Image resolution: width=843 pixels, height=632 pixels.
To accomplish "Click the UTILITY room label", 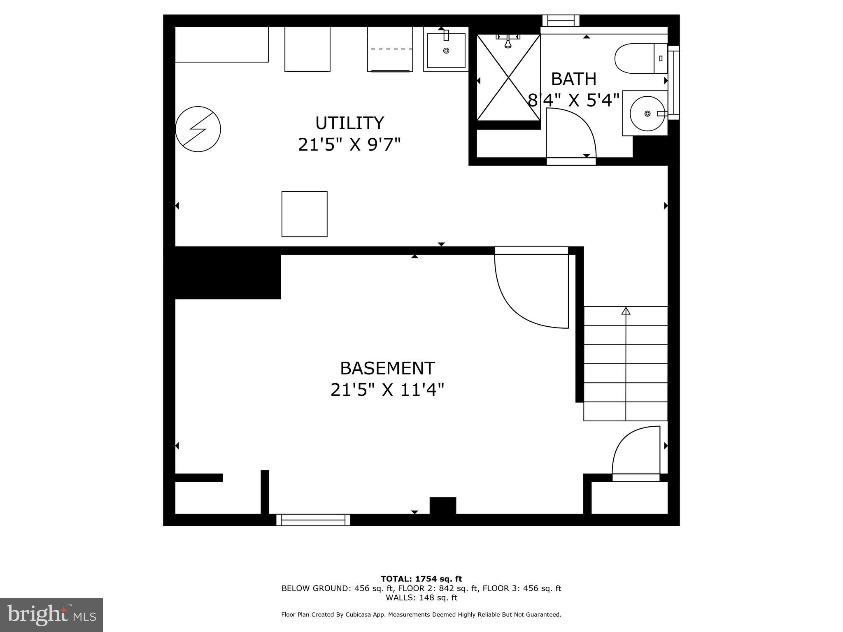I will pos(349,123).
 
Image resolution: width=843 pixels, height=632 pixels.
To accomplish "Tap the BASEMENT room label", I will pos(387,368).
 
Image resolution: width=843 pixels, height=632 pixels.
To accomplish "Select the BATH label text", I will pos(573,79).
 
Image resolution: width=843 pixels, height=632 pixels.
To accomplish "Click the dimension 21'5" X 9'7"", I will pos(349,145).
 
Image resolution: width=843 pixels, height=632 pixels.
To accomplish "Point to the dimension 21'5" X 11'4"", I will pos(387,390).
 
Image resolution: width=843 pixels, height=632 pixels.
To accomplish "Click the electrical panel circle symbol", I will pos(198,129).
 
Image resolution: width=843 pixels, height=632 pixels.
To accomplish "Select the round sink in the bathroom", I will pos(647,113).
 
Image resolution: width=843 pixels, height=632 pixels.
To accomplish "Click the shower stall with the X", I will pos(508,77).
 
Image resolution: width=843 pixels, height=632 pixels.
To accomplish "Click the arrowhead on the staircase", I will pos(626,311).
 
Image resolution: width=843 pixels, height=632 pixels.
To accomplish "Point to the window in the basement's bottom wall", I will pos(313,520).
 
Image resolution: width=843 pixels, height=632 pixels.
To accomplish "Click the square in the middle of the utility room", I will pos(305,214).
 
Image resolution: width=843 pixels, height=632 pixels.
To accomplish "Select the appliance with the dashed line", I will pos(390,49).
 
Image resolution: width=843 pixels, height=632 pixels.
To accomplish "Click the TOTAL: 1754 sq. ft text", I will pos(421,579).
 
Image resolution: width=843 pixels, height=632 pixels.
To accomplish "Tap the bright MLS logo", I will pos(51,615).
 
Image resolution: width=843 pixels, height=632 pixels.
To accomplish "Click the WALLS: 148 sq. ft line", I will pos(421,597).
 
